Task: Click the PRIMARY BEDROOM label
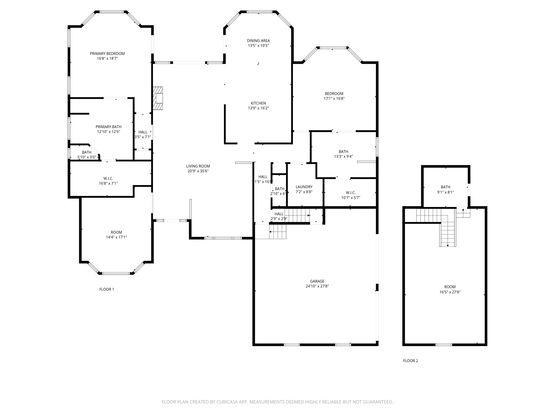[x=107, y=54]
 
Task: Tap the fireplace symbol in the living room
[x=158, y=98]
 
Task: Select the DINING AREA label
[x=258, y=41]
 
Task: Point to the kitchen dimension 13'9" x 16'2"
[x=258, y=108]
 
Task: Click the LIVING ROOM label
[x=198, y=166]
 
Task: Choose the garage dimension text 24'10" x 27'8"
[x=317, y=286]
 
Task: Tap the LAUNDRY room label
[x=304, y=187]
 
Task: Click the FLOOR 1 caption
[x=107, y=289]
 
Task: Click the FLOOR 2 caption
[x=410, y=360]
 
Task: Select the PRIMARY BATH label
[x=108, y=127]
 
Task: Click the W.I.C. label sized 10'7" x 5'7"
[x=350, y=193]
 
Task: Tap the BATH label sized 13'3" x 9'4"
[x=343, y=151]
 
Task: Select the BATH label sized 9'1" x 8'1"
[x=445, y=187]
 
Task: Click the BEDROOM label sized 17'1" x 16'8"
[x=334, y=94]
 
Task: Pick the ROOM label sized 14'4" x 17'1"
[x=116, y=232]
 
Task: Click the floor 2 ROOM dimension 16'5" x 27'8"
[x=450, y=292]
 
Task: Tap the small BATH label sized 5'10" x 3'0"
[x=87, y=152]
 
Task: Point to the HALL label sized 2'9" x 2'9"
[x=279, y=214]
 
